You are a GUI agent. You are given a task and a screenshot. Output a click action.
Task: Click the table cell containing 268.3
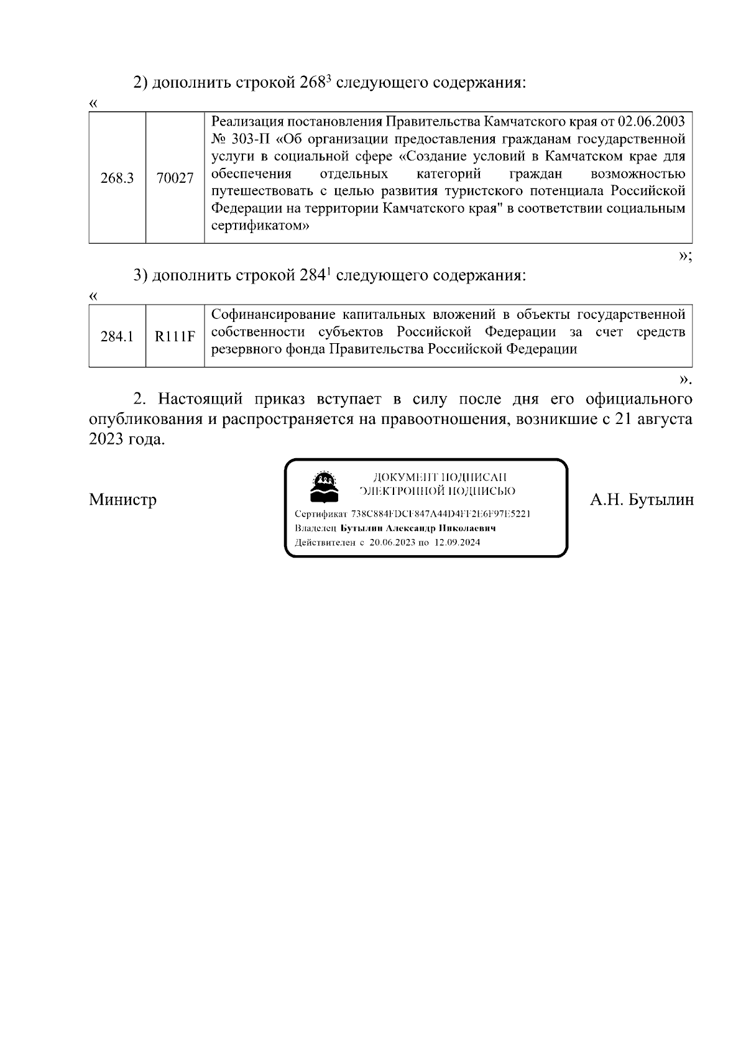pos(117,178)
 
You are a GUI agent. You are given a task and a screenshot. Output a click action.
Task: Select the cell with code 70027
pos(175,178)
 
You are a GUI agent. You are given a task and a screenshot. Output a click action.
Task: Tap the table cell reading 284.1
pos(117,337)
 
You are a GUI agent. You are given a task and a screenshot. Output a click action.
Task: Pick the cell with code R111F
pos(175,337)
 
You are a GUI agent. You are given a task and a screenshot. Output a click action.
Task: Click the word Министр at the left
pos(122,500)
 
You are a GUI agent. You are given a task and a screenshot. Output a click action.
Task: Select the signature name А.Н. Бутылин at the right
pos(642,500)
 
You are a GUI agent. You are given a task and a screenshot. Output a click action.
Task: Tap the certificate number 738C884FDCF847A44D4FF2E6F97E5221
pos(440,514)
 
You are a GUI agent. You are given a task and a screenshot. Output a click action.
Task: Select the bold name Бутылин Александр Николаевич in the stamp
pos(418,528)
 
